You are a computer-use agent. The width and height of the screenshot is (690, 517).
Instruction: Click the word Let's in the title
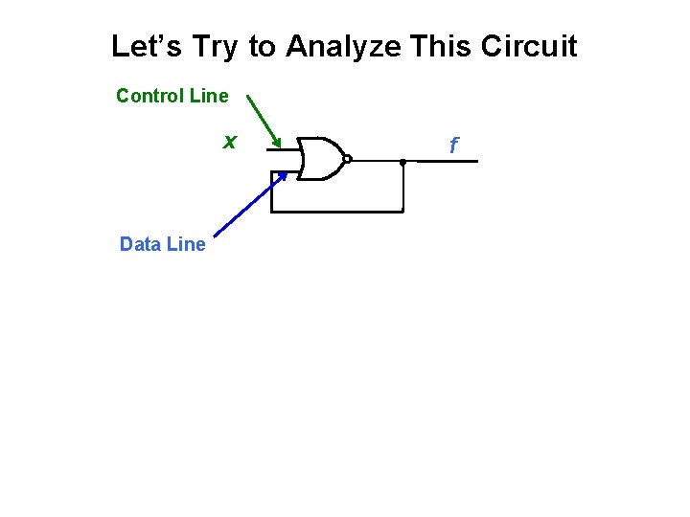tap(144, 46)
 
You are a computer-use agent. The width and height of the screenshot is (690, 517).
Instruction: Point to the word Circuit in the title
tap(531, 46)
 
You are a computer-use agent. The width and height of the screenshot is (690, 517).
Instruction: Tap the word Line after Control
tap(209, 96)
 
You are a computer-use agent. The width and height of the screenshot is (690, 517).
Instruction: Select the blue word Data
tap(140, 244)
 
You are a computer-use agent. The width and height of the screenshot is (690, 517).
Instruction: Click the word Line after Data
tap(186, 244)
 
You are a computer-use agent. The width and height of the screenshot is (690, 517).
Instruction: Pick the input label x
tap(229, 143)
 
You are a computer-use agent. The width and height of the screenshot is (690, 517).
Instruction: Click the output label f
tap(454, 146)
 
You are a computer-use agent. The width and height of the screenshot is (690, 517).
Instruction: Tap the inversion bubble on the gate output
tap(347, 160)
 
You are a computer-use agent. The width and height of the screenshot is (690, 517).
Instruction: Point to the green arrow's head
tap(278, 146)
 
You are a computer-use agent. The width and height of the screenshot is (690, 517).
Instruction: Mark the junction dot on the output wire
tap(403, 161)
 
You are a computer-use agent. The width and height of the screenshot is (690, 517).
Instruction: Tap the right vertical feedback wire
tap(403, 187)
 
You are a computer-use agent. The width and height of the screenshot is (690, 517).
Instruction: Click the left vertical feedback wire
tap(273, 191)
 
